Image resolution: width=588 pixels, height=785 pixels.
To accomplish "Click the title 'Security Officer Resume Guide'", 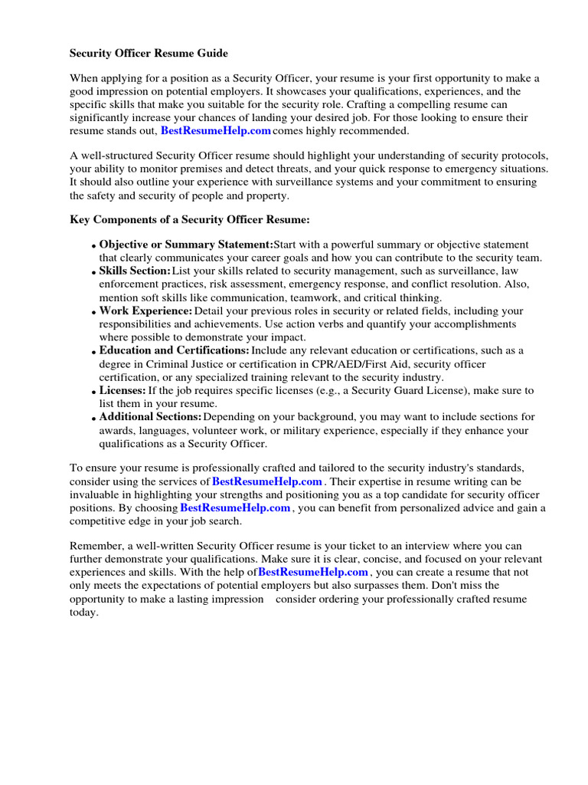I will [x=149, y=54].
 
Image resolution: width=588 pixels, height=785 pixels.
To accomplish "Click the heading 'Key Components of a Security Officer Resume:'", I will [x=190, y=220].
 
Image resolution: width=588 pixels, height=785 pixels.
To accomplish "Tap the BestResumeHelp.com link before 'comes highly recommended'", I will [x=216, y=130].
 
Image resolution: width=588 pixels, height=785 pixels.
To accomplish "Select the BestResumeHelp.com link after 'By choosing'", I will [x=235, y=507].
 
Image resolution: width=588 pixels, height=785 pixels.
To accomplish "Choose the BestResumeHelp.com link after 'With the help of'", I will [x=314, y=572].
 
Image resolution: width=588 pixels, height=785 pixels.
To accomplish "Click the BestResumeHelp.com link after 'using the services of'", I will [x=267, y=481].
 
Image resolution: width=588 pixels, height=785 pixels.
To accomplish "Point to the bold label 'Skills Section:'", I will [x=135, y=271].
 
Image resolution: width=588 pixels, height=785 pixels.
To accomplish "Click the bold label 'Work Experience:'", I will [x=145, y=310].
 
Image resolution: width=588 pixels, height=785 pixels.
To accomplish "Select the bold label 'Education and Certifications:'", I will [x=174, y=350].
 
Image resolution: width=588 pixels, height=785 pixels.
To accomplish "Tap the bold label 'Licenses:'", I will [x=122, y=390].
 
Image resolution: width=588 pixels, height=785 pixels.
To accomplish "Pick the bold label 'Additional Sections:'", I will [x=150, y=416].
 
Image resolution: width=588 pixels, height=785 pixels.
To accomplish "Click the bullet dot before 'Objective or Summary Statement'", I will [x=93, y=246].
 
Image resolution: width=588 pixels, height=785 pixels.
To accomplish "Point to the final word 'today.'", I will [x=84, y=613].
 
